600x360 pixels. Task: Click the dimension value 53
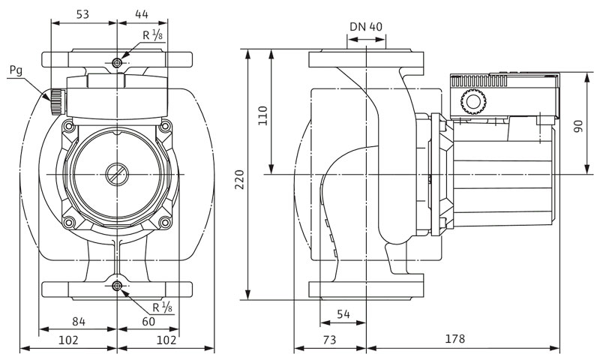coord(82,14)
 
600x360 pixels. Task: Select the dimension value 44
coord(142,14)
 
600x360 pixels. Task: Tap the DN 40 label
coord(366,26)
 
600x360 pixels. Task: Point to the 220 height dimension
coord(239,179)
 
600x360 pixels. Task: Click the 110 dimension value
coord(262,115)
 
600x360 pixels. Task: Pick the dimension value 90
coord(578,126)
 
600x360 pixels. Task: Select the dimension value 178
coord(455,338)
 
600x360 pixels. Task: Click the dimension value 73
coord(329,339)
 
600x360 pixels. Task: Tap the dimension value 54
coord(343,314)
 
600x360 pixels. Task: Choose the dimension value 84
coord(79,321)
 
